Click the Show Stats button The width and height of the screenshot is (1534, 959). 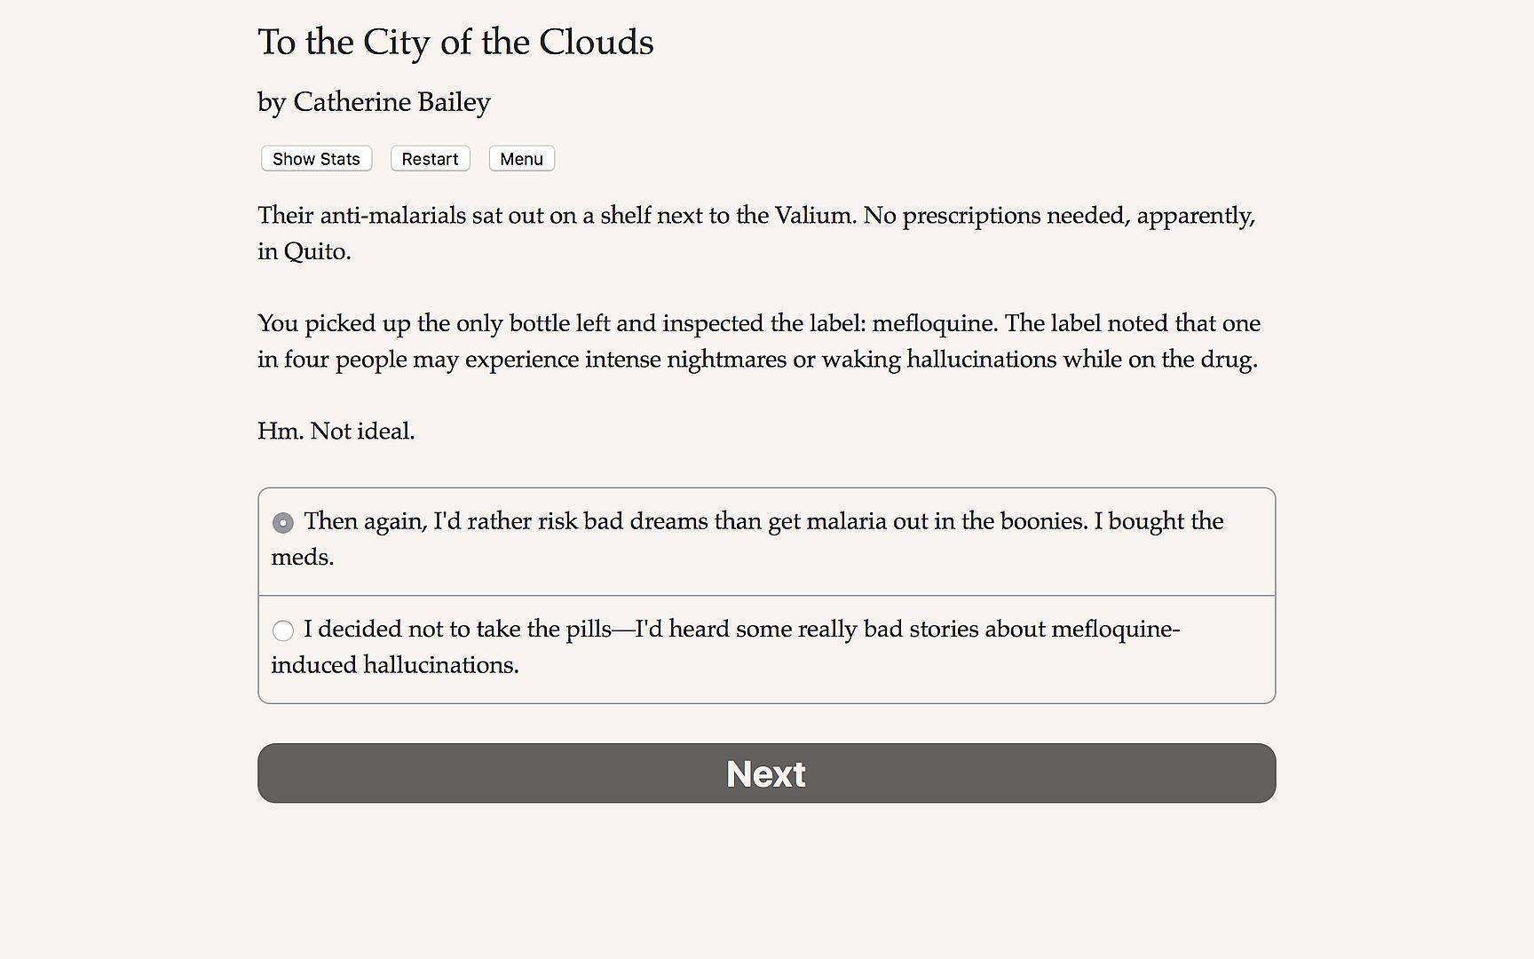point(316,159)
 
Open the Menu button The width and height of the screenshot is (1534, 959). point(521,159)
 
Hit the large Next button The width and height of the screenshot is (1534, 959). point(766,773)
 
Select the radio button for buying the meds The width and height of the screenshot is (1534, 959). point(283,523)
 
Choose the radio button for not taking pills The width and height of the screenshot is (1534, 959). point(283,630)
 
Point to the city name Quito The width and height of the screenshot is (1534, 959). point(316,252)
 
